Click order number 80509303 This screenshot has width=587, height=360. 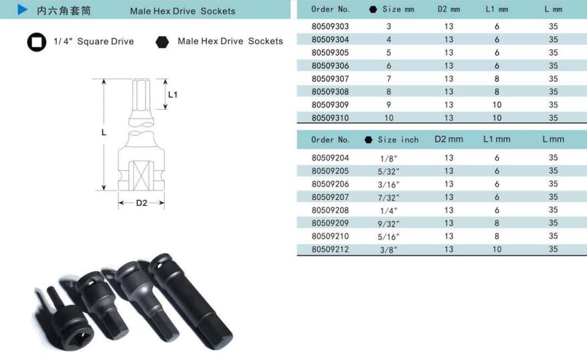(330, 26)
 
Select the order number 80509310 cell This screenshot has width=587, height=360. (330, 118)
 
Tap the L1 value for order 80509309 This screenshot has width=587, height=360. (497, 105)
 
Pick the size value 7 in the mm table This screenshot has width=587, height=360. (389, 79)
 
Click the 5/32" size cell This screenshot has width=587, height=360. (389, 171)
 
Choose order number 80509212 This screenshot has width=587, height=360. (330, 249)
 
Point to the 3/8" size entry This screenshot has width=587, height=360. (389, 250)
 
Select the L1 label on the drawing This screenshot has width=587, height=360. (173, 94)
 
